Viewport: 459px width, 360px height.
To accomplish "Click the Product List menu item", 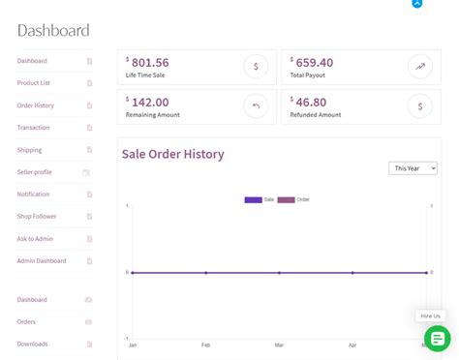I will (x=34, y=83).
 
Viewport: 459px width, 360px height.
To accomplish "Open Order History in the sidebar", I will (x=36, y=105).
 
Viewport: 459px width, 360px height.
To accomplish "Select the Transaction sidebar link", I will (x=33, y=128).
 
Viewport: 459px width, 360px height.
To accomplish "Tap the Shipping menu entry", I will (x=29, y=150).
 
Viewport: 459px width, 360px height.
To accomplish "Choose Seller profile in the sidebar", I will (x=35, y=172).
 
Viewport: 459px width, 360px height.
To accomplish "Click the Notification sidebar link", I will (x=33, y=195).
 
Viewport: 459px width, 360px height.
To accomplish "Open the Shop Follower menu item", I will (x=37, y=217).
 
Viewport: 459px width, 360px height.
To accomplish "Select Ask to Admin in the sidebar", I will (x=35, y=239).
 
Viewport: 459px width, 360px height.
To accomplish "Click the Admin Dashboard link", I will (x=42, y=261).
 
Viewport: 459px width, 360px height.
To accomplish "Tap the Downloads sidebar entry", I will (x=32, y=344).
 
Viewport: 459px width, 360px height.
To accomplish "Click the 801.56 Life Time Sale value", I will (x=150, y=63).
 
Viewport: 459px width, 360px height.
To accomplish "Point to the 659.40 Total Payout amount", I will (x=314, y=63).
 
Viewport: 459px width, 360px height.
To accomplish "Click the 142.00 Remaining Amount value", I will (x=150, y=102).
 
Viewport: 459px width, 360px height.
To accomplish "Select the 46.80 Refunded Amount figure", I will (x=311, y=102).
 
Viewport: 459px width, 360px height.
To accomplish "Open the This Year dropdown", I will (x=413, y=168).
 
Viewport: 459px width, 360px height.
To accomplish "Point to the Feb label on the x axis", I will (x=205, y=345).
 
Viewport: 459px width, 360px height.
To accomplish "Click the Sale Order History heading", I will (x=172, y=154).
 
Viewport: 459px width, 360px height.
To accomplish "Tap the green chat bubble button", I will (x=437, y=339).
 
